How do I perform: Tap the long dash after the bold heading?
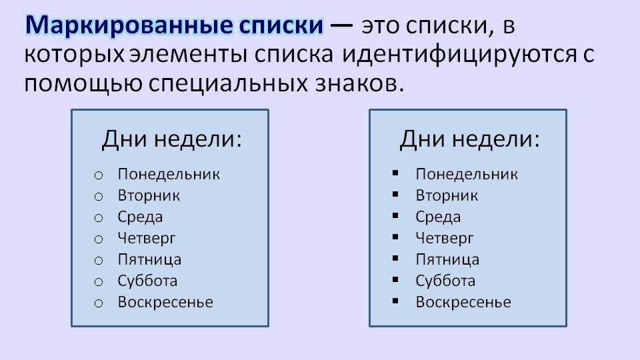click(341, 26)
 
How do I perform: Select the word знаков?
click(359, 83)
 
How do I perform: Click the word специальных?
click(228, 85)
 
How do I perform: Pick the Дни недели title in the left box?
click(171, 139)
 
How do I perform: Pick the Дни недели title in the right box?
click(469, 139)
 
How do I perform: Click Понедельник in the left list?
click(169, 175)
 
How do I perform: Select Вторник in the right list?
click(447, 195)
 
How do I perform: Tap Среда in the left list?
click(140, 217)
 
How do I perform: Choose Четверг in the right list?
click(445, 239)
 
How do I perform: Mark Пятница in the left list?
click(149, 260)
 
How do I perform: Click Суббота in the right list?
click(445, 281)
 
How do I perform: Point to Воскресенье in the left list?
click(165, 303)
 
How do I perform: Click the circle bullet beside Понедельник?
click(99, 175)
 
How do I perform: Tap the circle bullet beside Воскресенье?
click(99, 303)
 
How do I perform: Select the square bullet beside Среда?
click(395, 215)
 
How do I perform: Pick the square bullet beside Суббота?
click(395, 279)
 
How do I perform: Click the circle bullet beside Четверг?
click(99, 239)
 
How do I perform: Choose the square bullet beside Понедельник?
click(395, 173)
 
